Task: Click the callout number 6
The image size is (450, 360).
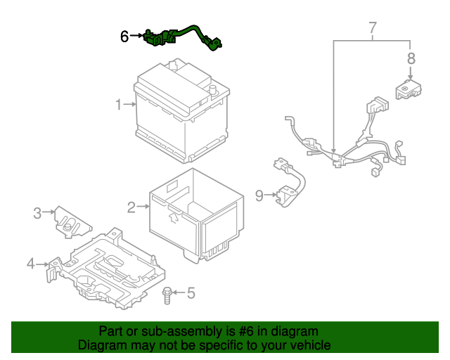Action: point(124,36)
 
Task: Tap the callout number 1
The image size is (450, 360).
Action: point(120,105)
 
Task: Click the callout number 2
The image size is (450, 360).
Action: point(131,207)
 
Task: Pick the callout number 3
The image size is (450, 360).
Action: point(38,211)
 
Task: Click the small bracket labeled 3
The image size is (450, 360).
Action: point(73,221)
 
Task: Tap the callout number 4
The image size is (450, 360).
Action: point(30,264)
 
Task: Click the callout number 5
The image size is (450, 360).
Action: point(190,292)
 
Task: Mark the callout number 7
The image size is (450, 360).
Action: point(373,28)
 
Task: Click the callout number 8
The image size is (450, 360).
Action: point(411,58)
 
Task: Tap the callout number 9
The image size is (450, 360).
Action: point(259,195)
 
